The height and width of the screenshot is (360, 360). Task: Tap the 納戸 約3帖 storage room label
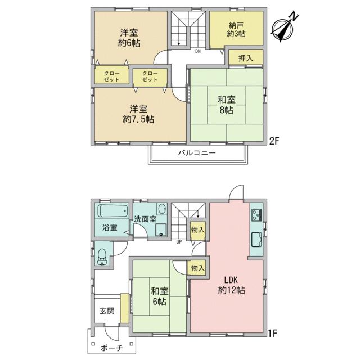click(236, 30)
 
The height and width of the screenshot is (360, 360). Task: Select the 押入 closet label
click(246, 58)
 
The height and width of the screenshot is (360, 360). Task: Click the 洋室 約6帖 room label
click(129, 38)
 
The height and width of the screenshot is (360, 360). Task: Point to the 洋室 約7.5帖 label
click(138, 114)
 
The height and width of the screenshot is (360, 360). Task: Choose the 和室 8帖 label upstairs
click(227, 105)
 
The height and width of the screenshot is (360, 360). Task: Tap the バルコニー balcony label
click(197, 153)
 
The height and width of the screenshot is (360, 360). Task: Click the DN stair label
click(198, 51)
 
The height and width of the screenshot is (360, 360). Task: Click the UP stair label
click(179, 242)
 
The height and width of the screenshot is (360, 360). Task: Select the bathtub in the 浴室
click(113, 211)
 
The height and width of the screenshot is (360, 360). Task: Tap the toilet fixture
click(102, 257)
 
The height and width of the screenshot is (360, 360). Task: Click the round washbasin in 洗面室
click(163, 209)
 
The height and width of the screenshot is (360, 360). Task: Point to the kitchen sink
click(256, 240)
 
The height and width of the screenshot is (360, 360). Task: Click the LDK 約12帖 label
click(231, 285)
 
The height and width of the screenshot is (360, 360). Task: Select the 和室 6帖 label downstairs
click(159, 296)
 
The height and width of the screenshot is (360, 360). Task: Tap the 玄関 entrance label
click(107, 311)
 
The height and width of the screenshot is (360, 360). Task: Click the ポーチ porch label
click(111, 348)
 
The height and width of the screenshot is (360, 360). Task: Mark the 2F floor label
click(274, 141)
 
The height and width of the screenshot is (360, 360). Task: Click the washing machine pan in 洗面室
click(161, 229)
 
